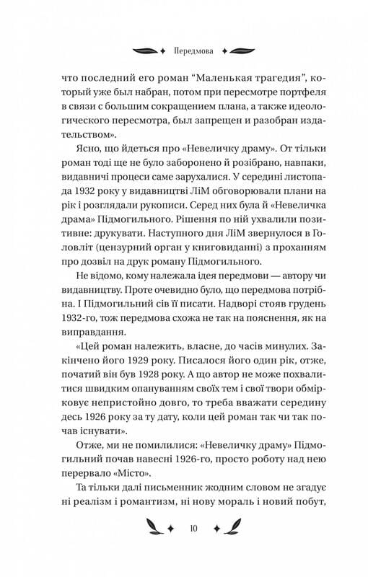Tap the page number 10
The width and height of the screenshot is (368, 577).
click(183, 529)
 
